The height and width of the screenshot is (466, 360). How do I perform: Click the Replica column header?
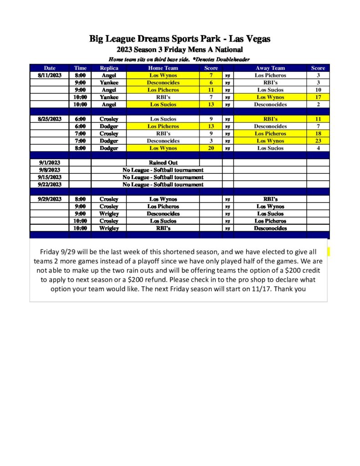pos(109,68)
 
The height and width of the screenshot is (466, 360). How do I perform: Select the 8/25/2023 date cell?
pos(50,119)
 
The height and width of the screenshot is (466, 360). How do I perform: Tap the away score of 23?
pos(318,141)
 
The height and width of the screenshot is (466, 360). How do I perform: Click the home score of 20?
pos(211,148)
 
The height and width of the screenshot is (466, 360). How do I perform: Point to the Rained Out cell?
pos(163,163)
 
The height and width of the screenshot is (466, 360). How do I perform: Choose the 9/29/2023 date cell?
pos(50,199)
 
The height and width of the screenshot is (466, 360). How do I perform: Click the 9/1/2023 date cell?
pos(50,163)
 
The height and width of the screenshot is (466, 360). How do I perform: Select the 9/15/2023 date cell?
pos(50,177)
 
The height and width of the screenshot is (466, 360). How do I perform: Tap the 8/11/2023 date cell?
pos(50,76)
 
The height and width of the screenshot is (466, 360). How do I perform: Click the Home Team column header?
pos(163,68)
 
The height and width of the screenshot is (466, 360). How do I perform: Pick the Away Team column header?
pos(270,68)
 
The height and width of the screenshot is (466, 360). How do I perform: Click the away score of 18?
pos(318,134)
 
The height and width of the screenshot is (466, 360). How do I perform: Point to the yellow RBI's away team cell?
pos(270,119)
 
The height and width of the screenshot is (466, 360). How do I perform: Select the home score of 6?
pos(211,83)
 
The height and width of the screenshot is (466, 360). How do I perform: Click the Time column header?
pos(80,68)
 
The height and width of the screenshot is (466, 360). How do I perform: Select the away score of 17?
pos(318,97)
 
